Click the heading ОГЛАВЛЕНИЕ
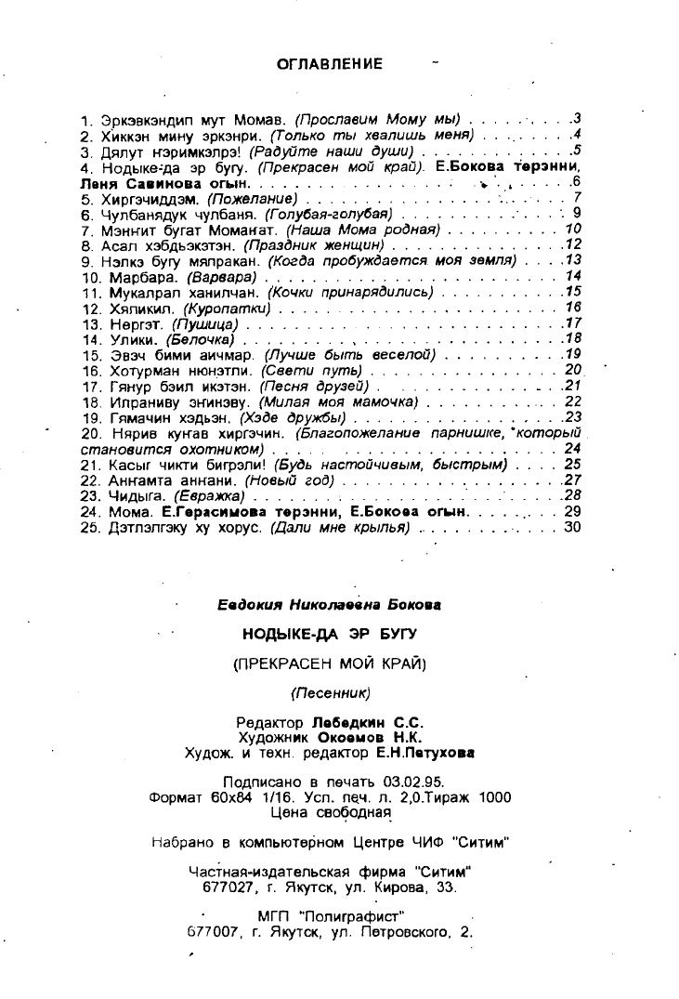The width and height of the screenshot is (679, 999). coord(330,64)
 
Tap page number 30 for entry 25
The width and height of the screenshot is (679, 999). coord(571,527)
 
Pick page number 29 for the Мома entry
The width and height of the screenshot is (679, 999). coord(571,511)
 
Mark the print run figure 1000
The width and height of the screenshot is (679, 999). coord(494,796)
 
